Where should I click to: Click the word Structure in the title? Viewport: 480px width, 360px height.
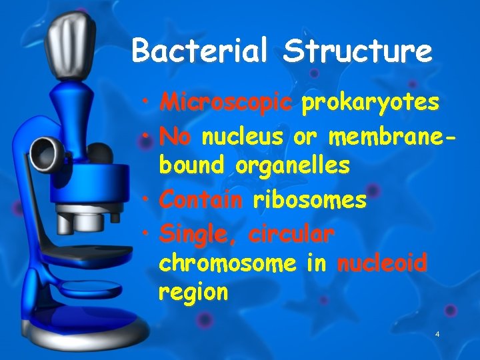(356, 51)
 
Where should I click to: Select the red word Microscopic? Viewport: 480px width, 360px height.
(226, 103)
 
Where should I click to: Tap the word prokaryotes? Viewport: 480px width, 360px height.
(370, 103)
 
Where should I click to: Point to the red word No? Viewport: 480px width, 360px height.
(175, 137)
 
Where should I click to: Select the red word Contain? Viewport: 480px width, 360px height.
(201, 199)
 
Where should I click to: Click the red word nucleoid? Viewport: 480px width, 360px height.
(382, 263)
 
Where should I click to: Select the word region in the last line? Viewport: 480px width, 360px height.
(193, 292)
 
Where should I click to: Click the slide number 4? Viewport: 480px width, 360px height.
(437, 333)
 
